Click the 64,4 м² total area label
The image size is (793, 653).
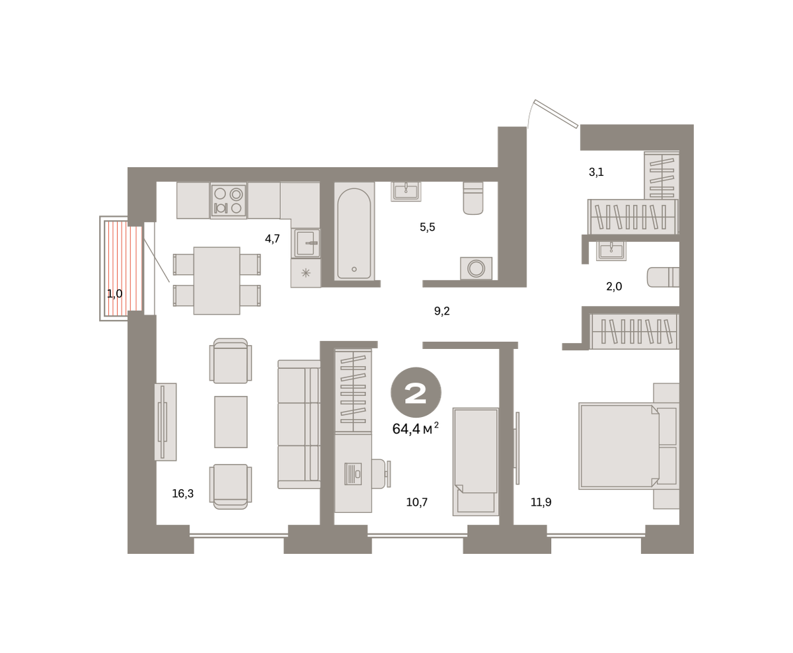click(416, 428)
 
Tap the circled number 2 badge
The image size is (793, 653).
click(416, 393)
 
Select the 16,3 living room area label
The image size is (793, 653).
click(183, 494)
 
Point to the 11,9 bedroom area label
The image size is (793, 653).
click(541, 502)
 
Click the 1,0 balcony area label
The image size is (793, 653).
click(115, 293)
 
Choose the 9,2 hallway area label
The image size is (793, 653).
click(442, 311)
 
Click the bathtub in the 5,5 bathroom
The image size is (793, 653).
click(354, 231)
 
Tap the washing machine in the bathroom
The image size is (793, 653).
click(476, 268)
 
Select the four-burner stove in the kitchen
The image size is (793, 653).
click(228, 200)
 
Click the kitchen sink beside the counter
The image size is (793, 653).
click(307, 243)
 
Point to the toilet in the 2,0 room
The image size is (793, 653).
click(663, 277)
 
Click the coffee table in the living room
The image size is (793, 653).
click(231, 422)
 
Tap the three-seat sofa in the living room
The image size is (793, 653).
click(299, 424)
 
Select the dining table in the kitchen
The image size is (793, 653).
click(217, 281)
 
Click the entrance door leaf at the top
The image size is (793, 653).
click(556, 114)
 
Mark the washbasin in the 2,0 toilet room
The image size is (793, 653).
click(611, 251)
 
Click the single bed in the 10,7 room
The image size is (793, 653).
click(476, 462)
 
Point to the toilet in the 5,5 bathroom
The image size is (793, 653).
click(473, 198)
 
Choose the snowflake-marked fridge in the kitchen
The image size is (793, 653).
click(306, 273)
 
